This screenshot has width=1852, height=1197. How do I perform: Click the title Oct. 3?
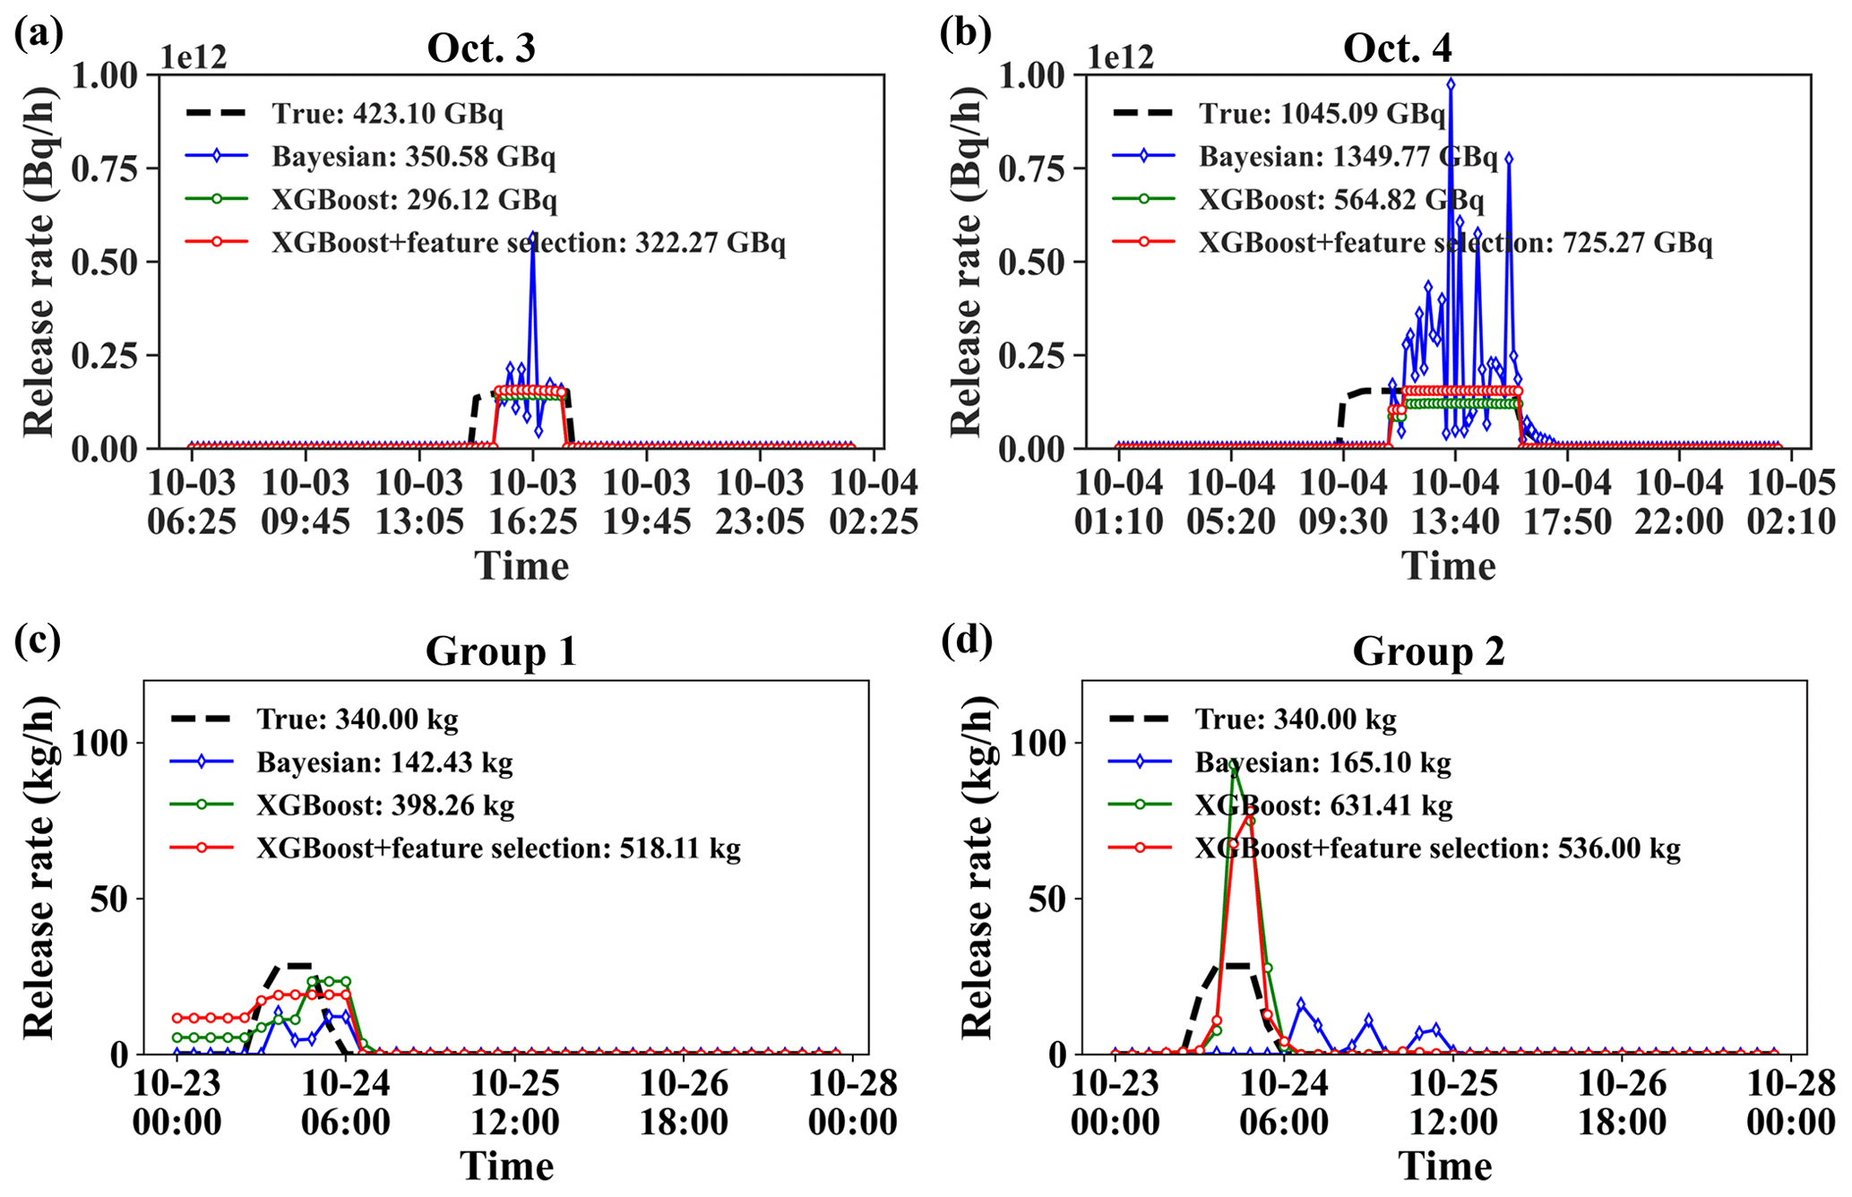tap(481, 48)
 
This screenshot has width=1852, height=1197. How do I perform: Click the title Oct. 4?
tap(1397, 48)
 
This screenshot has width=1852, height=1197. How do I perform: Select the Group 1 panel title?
tap(500, 651)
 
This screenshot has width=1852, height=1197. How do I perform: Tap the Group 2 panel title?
tap(1428, 651)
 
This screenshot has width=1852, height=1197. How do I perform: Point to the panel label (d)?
tap(967, 642)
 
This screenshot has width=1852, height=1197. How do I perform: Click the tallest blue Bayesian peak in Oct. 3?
tap(532, 235)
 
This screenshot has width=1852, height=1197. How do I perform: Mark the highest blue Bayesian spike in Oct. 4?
tap(1451, 83)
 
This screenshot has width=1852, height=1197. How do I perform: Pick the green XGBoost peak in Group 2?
tap(1234, 766)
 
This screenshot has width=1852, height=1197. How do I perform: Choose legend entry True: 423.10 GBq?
tap(387, 114)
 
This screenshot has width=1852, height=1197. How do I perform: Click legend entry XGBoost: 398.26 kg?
tap(385, 805)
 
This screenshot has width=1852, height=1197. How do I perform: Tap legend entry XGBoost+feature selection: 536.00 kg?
tap(1436, 848)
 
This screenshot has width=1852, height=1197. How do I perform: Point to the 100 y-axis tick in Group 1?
tap(102, 743)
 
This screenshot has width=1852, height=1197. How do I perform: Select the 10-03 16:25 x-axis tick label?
tap(532, 503)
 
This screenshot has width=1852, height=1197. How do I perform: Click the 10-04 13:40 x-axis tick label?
tap(1455, 503)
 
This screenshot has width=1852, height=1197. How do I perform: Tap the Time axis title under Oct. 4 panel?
tap(1448, 566)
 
